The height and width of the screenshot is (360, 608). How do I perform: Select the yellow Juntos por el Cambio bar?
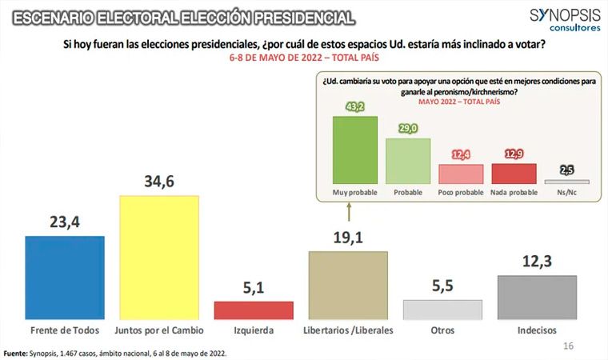[x=158, y=257]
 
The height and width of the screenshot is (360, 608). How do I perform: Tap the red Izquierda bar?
[x=254, y=310]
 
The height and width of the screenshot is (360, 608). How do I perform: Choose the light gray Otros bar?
[x=442, y=310]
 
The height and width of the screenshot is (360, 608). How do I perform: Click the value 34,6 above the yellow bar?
[x=158, y=182]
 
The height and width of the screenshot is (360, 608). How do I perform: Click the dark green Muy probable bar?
[x=354, y=150]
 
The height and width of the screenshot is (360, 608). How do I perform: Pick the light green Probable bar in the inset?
[x=408, y=162]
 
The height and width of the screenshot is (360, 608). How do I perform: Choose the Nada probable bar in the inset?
[x=514, y=174]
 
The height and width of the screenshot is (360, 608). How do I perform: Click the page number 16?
[x=569, y=346]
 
